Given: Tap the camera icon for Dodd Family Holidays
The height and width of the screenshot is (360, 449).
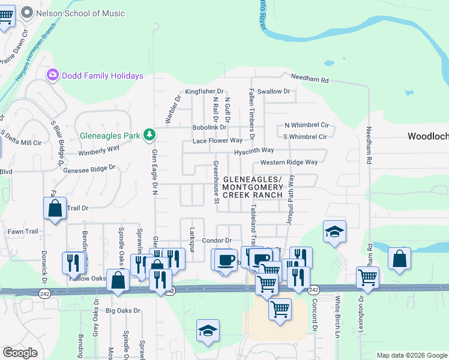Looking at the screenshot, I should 53,75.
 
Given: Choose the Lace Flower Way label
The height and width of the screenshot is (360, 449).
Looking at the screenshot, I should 217,141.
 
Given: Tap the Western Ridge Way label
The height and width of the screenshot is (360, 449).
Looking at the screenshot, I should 289,163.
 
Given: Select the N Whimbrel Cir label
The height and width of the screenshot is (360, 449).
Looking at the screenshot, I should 307,125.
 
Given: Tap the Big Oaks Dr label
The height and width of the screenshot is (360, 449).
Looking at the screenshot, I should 122,311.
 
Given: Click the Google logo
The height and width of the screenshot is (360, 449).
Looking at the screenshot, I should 20,353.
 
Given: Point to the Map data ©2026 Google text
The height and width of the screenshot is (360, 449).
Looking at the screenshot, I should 411,355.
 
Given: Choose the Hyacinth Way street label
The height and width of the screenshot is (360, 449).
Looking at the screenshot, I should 254,150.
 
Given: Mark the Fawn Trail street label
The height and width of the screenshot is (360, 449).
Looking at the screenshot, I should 23,232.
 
